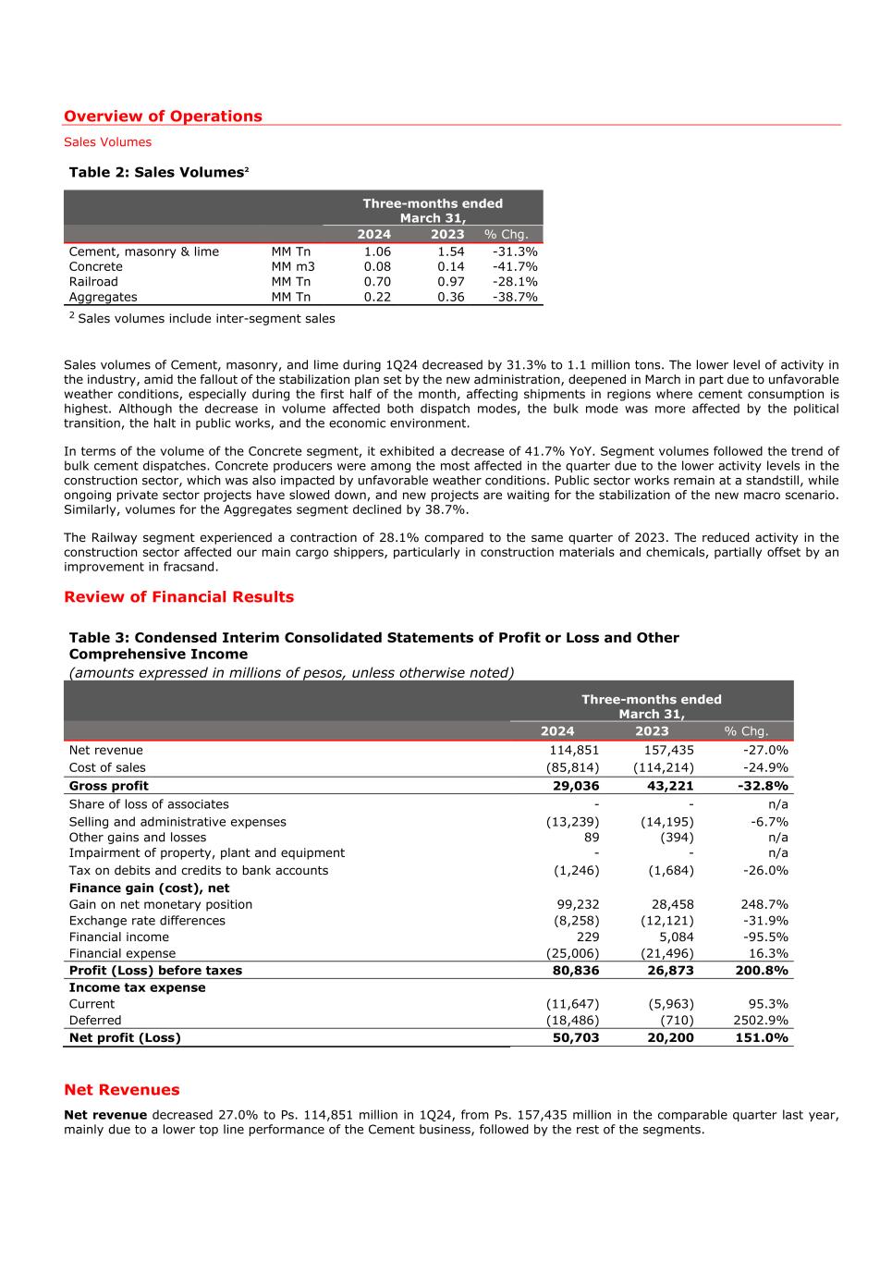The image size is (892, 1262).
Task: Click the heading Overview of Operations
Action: (x=163, y=116)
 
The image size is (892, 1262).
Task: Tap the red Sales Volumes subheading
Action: (x=107, y=142)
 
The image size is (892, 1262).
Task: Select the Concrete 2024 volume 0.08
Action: (x=377, y=267)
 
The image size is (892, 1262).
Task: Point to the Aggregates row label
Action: (x=103, y=297)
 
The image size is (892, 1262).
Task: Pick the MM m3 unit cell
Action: (x=293, y=267)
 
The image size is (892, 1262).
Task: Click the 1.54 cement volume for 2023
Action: (x=451, y=251)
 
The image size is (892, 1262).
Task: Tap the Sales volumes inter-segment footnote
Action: (x=206, y=319)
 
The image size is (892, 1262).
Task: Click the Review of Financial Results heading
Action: (x=178, y=597)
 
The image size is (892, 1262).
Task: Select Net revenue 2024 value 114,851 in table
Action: (x=574, y=751)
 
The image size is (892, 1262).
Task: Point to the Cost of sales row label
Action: (x=107, y=767)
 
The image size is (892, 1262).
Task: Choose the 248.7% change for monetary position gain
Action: (x=764, y=904)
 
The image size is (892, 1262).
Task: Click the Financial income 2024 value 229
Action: (x=587, y=937)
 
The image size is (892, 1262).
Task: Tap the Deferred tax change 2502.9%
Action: (x=759, y=1021)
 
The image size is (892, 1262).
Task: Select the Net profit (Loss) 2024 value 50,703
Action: (x=574, y=1038)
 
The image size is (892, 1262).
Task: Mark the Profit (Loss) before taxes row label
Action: (x=155, y=971)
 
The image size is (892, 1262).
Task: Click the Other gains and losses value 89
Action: (x=591, y=838)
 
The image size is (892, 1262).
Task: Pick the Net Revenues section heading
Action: (x=122, y=1090)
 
